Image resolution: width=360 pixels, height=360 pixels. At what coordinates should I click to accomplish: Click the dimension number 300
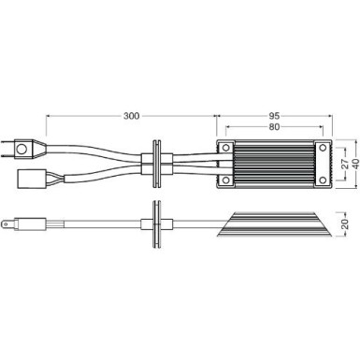(131, 116)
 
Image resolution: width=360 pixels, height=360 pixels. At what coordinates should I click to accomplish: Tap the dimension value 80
(273, 128)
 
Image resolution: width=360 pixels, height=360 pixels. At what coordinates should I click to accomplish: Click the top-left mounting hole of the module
(225, 146)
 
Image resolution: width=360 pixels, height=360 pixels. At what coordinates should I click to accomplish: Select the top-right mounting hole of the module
(324, 146)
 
